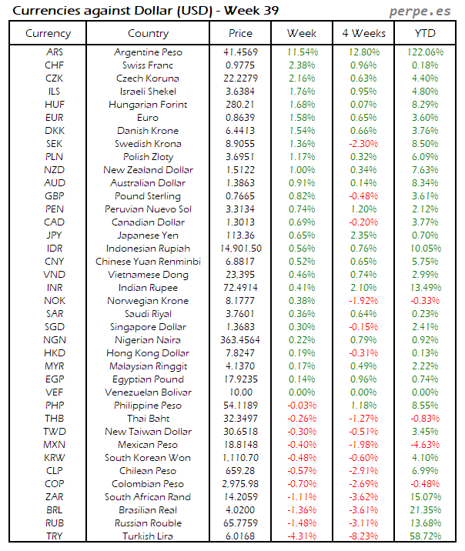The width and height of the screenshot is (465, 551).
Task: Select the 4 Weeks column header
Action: coord(363,33)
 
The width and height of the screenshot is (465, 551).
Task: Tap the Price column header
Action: coord(240,33)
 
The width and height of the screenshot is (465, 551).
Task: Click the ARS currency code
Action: coord(55,52)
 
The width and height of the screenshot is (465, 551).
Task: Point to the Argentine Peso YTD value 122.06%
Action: coord(424,52)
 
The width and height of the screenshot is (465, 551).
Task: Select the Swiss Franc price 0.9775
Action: coord(240,65)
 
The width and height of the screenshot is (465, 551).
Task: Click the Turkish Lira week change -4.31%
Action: coord(302,536)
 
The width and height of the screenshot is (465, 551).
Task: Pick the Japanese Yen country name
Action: coord(148,235)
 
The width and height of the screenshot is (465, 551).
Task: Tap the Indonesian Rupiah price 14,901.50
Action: coord(240,249)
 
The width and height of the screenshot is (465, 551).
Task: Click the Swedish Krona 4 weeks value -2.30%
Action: coord(363,144)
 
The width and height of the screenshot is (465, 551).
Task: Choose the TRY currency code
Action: coord(55,536)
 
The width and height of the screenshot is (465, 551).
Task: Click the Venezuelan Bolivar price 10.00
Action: coord(240,392)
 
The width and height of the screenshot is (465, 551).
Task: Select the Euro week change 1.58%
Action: coord(302,118)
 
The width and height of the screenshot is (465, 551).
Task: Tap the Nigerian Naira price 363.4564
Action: coord(240,340)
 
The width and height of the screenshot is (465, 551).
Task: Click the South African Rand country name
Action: coord(148,497)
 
